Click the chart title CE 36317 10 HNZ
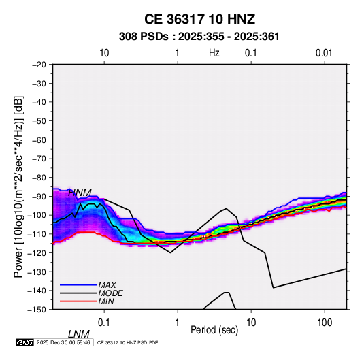coord(199,19)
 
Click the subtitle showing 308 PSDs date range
coord(199,37)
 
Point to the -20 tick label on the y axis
coord(39,65)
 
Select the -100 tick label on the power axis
coord(37,215)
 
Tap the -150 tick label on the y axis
coord(37,310)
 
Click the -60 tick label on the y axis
coord(39,140)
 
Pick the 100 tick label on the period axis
coord(325,323)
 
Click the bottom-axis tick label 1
coord(178,323)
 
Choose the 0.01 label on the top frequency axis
coord(324,53)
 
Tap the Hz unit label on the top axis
coord(214,53)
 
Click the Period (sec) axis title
coord(214,330)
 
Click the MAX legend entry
coord(107,284)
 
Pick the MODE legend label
coord(110,293)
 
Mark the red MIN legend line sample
coord(78,301)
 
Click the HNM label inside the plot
coord(80,193)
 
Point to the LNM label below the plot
coord(79,334)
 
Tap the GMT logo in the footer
coord(25,342)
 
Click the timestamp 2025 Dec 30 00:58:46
coord(63,342)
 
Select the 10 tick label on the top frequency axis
coord(104,53)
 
